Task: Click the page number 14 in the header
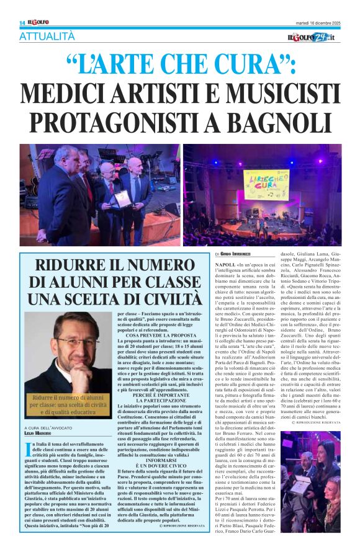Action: (22, 23)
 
